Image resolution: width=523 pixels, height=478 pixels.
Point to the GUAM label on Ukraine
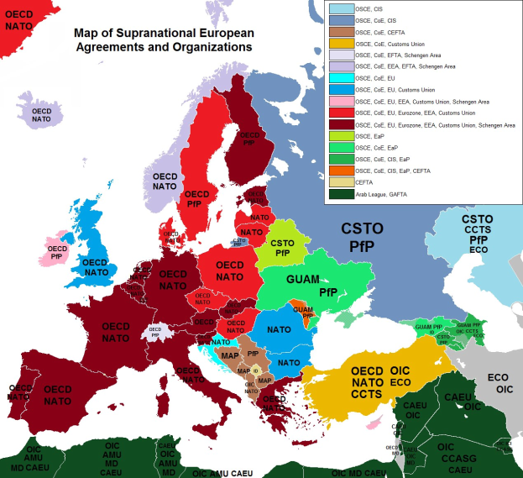coord(303,278)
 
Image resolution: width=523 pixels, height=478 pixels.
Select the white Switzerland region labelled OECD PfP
coord(154,332)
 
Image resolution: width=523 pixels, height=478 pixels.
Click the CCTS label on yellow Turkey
coord(367,394)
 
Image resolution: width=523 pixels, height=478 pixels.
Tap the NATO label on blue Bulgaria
coord(289,363)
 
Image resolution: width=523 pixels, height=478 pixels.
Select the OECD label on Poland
coord(229,264)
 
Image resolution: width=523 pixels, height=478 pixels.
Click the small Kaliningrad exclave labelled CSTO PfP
coord(238,240)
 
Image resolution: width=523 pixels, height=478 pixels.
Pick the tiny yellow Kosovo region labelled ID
coord(254,370)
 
